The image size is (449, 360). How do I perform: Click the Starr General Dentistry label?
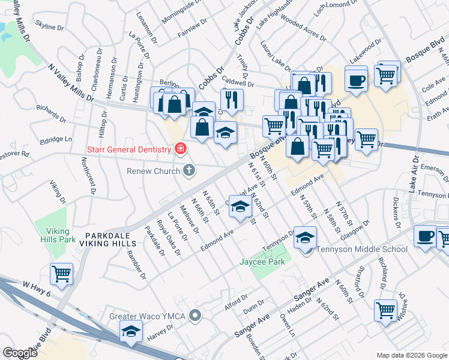tap(129, 148)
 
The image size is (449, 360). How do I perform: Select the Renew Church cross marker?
tap(188, 171)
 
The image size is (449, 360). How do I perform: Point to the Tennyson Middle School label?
tap(362, 249)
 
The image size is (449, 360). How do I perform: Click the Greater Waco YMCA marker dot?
tap(194, 315)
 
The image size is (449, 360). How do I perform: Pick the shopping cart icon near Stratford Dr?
tap(385, 310)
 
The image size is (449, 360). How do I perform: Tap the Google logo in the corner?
tap(20, 353)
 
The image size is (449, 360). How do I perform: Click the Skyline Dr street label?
tap(50, 27)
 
